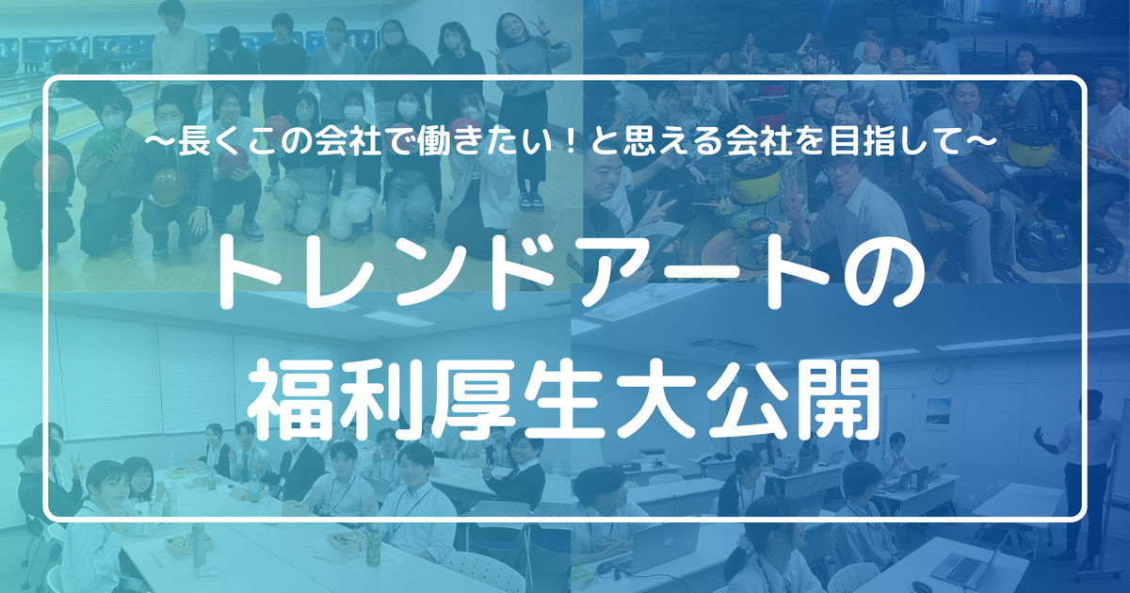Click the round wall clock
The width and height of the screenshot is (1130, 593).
(x=942, y=374)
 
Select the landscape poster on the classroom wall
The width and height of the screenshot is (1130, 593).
(x=938, y=413)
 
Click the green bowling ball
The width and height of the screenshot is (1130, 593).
(x=105, y=143)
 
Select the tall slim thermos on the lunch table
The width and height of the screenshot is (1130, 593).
(x=197, y=545)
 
